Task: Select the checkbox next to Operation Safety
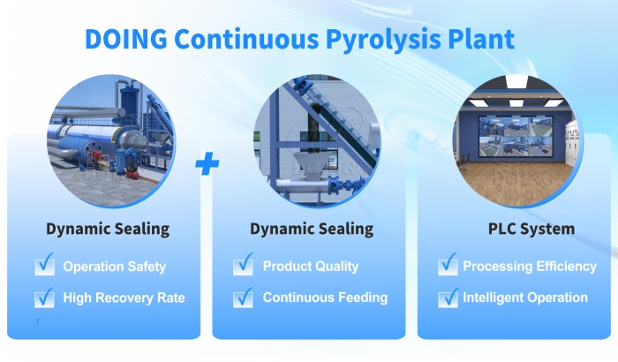[45, 265]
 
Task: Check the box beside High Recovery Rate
[45, 297]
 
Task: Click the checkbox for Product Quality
[244, 265]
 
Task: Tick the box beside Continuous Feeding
[244, 297]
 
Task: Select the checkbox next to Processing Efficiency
[448, 265]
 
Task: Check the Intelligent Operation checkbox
[448, 297]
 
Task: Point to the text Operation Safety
[115, 267]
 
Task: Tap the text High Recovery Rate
[124, 298]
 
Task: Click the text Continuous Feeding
[325, 298]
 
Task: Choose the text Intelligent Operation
[525, 298]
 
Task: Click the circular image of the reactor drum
[110, 141]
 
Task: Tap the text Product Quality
[311, 267]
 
